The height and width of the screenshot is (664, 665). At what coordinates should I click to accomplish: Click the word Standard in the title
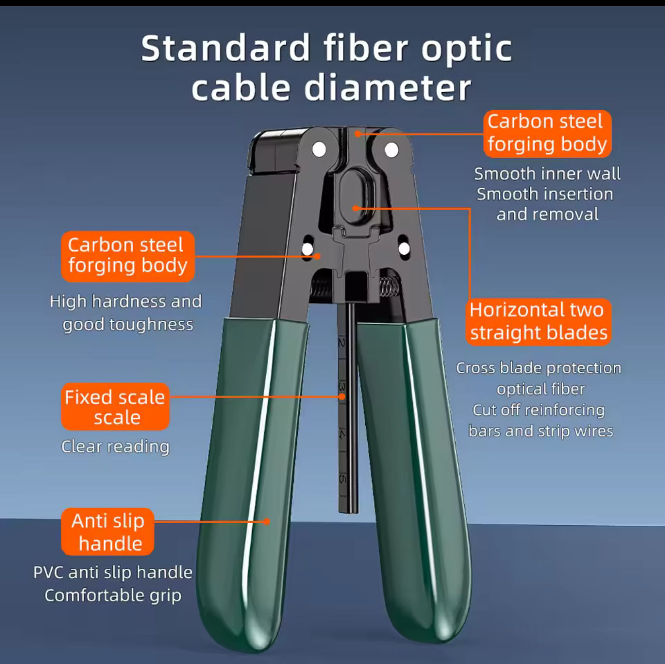click(226, 49)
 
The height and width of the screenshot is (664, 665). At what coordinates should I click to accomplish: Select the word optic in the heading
click(466, 52)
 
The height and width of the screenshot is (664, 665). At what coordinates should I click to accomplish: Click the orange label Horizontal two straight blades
click(538, 322)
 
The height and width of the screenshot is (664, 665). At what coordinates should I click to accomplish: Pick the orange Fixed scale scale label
click(115, 407)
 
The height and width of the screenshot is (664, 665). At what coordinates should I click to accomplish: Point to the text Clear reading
click(115, 447)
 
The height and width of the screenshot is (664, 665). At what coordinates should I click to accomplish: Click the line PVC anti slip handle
click(113, 572)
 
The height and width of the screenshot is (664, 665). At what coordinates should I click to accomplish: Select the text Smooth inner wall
click(547, 174)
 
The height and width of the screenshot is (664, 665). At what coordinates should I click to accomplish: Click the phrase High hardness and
click(126, 301)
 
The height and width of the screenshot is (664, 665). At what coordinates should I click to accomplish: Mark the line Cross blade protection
click(539, 368)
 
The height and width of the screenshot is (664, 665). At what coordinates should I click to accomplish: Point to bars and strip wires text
click(541, 431)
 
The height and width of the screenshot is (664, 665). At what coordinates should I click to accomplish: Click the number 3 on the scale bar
click(342, 386)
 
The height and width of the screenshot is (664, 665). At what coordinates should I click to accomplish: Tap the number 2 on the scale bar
click(342, 343)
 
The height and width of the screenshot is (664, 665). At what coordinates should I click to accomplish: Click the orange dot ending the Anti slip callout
click(266, 522)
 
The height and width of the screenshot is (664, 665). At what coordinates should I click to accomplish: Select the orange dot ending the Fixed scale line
click(342, 397)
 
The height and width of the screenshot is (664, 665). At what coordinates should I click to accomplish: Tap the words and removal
click(547, 214)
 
